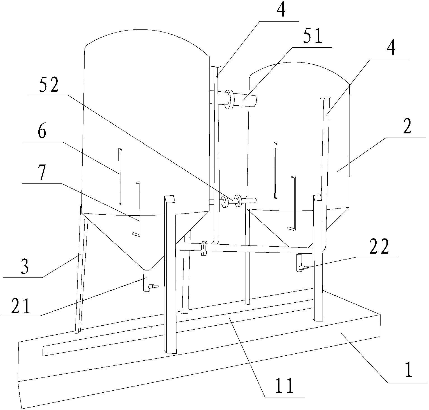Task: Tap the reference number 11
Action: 283,386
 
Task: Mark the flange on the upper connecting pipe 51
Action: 230,99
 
